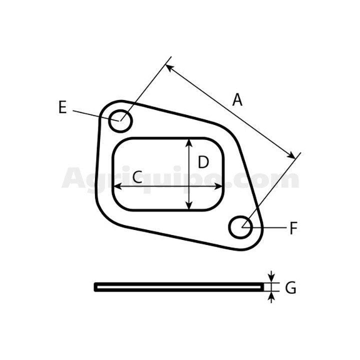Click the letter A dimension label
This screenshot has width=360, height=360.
click(x=237, y=100)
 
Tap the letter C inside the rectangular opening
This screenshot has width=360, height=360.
click(x=137, y=177)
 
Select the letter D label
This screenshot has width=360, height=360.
click(x=203, y=162)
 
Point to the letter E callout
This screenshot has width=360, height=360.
click(x=62, y=107)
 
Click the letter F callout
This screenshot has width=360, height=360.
click(x=293, y=228)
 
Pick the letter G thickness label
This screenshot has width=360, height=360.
click(x=290, y=287)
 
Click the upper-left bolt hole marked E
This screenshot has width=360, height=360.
click(x=120, y=121)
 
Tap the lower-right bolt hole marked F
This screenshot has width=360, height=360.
click(x=240, y=227)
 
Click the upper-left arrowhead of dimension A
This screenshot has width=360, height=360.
click(x=169, y=68)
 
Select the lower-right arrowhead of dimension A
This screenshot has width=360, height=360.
click(x=291, y=155)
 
